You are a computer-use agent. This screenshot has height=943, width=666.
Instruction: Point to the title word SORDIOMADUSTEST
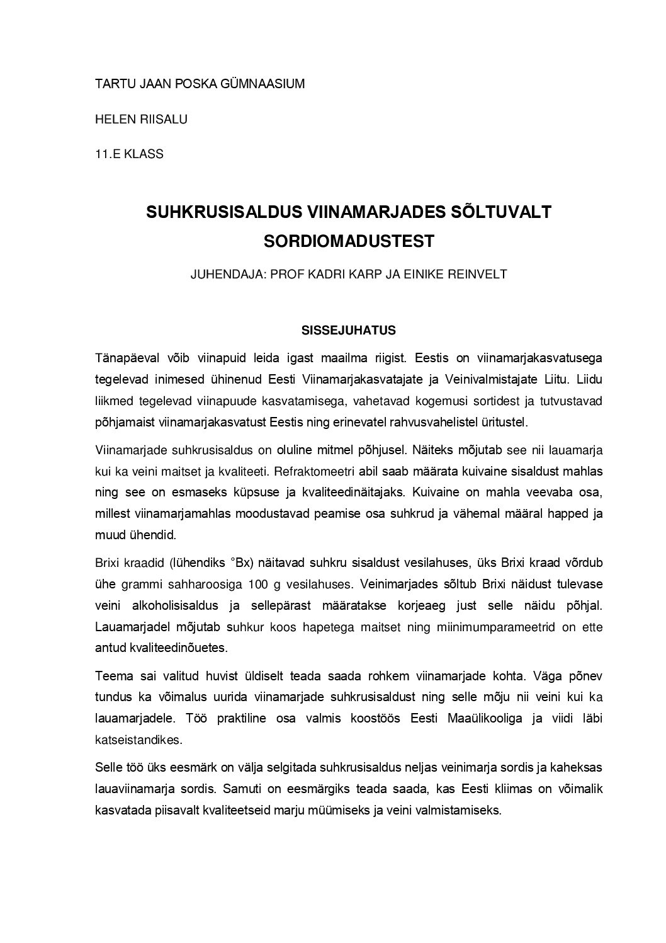tap(349, 241)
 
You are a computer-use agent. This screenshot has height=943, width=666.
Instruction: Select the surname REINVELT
tap(478, 275)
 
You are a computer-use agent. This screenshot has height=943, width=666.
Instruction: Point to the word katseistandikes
tap(138, 740)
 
